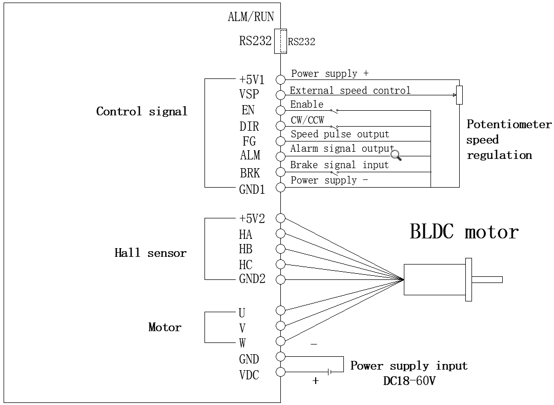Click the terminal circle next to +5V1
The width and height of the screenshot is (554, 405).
tap(280, 79)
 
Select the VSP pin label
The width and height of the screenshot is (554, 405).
tap(249, 94)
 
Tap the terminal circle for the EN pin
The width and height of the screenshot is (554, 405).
tap(280, 110)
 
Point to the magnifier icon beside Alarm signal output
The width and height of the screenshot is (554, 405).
tap(396, 155)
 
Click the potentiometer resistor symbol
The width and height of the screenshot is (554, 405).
tap(459, 95)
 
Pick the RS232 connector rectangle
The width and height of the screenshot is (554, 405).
tap(280, 41)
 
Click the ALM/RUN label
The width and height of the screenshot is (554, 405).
tap(251, 17)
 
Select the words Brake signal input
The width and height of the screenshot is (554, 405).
tap(339, 165)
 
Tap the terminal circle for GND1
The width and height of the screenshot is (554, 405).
tap(280, 187)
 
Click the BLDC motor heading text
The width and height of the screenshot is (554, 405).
tap(464, 232)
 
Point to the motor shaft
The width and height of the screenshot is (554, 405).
tap(487, 279)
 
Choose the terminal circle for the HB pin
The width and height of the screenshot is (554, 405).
tap(280, 249)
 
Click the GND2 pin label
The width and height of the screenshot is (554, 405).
tap(252, 279)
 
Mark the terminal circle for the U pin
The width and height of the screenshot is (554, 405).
tap(280, 310)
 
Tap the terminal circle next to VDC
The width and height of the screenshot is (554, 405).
tap(280, 372)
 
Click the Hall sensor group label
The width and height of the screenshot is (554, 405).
tap(150, 253)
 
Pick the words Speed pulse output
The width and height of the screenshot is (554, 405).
tap(340, 134)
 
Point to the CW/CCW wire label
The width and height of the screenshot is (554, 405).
tap(307, 120)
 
